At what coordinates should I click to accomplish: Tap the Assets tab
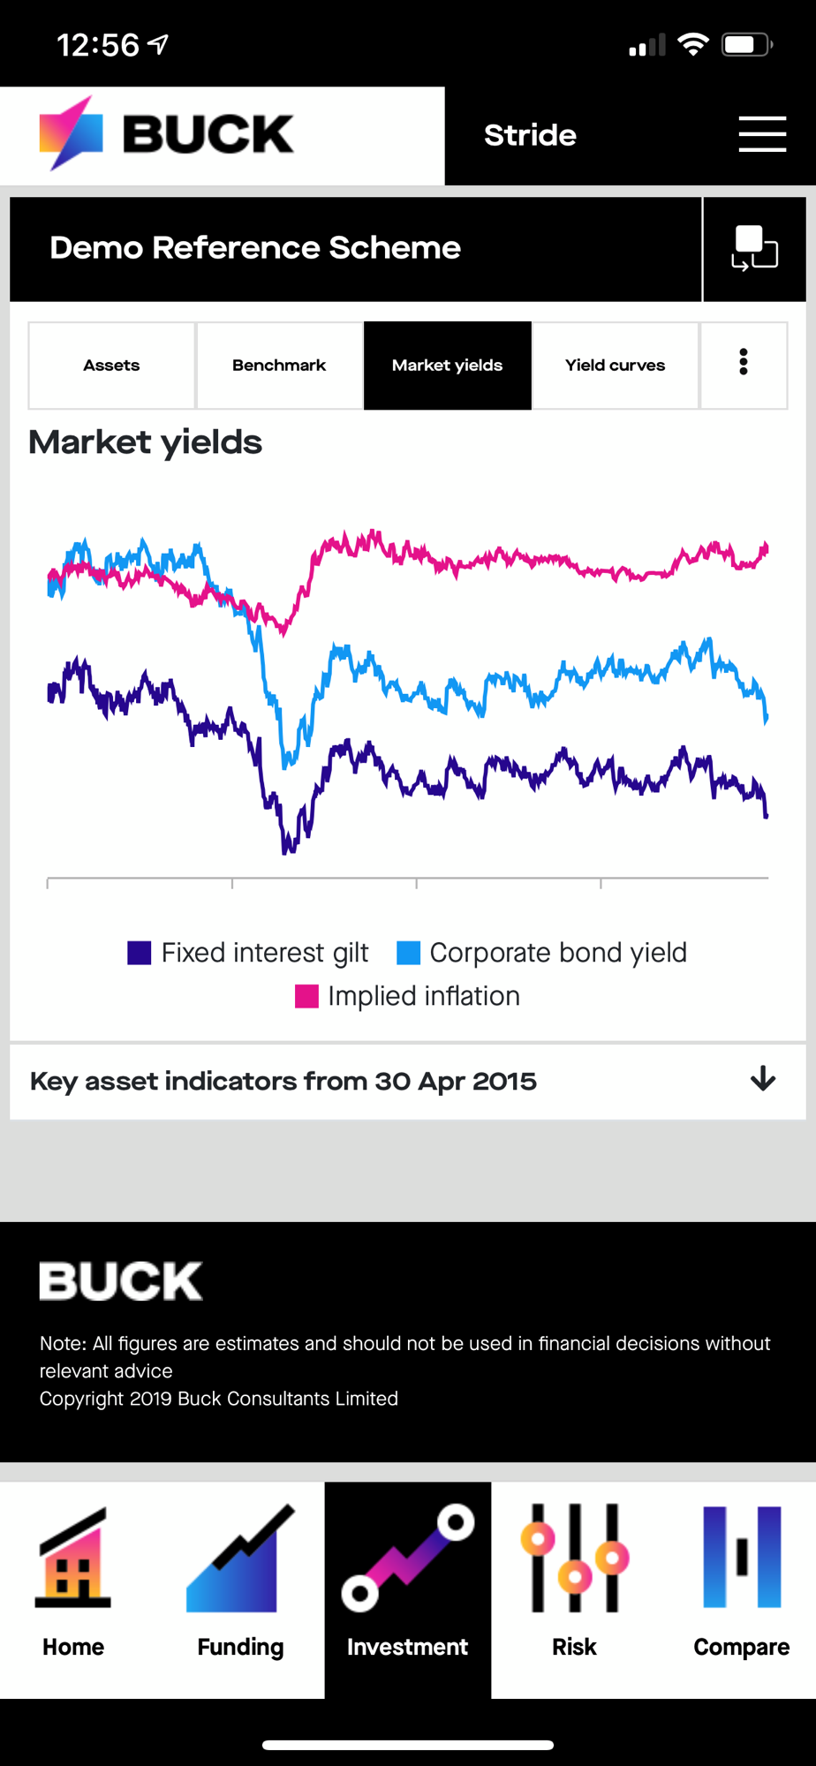111,366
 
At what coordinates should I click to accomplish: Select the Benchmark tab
279,366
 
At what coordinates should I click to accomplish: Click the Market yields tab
447,366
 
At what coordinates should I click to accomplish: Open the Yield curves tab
615,366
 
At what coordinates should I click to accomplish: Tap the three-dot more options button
744,362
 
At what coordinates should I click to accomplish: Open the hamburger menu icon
762,134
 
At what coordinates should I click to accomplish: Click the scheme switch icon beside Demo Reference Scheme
754,248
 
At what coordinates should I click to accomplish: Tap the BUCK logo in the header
166,133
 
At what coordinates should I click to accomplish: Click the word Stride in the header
530,135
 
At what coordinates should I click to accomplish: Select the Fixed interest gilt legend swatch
140,953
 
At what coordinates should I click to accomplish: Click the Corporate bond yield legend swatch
408,953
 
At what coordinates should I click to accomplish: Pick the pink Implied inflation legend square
306,996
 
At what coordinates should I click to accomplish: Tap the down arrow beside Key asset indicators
763,1079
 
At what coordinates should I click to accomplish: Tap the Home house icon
73,1558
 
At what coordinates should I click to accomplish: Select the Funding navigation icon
240,1558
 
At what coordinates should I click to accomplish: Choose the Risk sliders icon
574,1558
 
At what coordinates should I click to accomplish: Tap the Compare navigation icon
742,1558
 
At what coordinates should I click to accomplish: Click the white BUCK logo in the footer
121,1281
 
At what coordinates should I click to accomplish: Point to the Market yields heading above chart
146,442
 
